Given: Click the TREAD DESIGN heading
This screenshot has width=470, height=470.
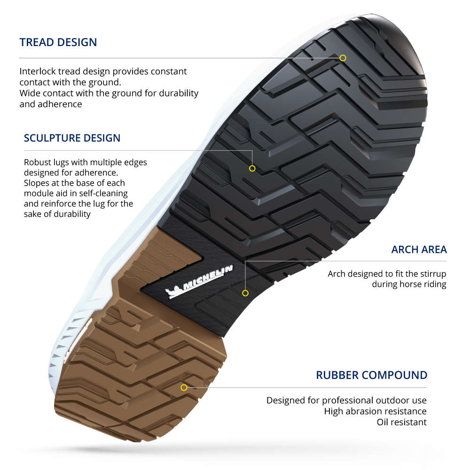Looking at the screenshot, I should [x=58, y=42].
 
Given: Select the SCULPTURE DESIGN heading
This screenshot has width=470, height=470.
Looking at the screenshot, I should [x=72, y=138].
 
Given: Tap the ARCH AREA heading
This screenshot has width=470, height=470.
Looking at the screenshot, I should [x=419, y=250].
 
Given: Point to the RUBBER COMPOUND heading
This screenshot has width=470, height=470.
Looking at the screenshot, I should [x=371, y=376].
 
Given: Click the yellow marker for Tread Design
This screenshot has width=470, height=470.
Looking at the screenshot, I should [x=343, y=58].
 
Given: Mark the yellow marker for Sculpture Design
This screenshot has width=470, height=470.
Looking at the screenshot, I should [x=252, y=168].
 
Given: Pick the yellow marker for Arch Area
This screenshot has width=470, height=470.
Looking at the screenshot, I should [x=245, y=293].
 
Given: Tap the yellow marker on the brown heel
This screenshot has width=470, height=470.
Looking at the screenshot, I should [x=184, y=387].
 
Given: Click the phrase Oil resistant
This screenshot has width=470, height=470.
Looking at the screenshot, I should [x=401, y=422].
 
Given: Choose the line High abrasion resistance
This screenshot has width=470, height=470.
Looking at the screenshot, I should [x=375, y=411].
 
